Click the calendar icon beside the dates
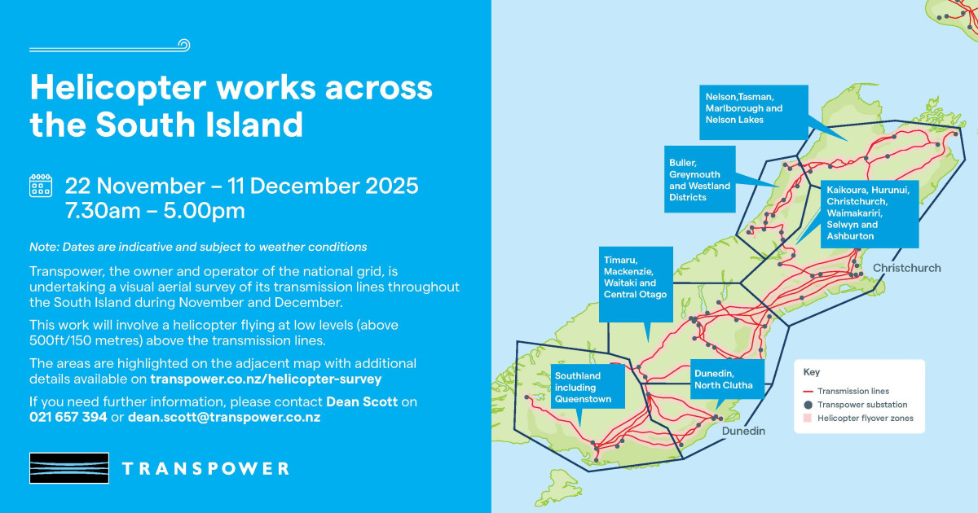point(41,186)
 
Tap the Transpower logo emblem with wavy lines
point(69,469)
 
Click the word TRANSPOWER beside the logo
point(205,469)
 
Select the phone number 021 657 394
point(68,417)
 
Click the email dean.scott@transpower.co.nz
point(224,417)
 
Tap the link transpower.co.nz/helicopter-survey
point(266,379)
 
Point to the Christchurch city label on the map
point(906,268)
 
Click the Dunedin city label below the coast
point(742,432)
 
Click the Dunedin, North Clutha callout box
point(728,379)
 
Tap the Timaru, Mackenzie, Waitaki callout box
point(635,277)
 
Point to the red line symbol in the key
point(809,392)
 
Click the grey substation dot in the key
point(808,405)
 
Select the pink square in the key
point(808,419)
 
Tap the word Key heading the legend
point(812,372)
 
